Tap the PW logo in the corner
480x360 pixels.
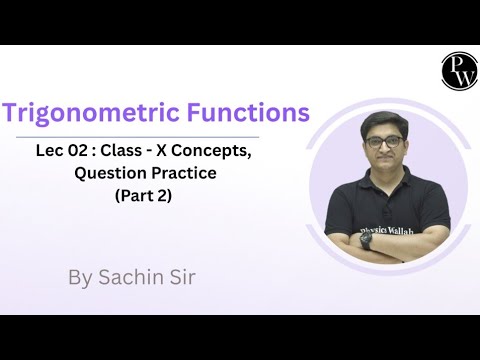(458, 70)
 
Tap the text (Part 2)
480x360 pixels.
(137, 197)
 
